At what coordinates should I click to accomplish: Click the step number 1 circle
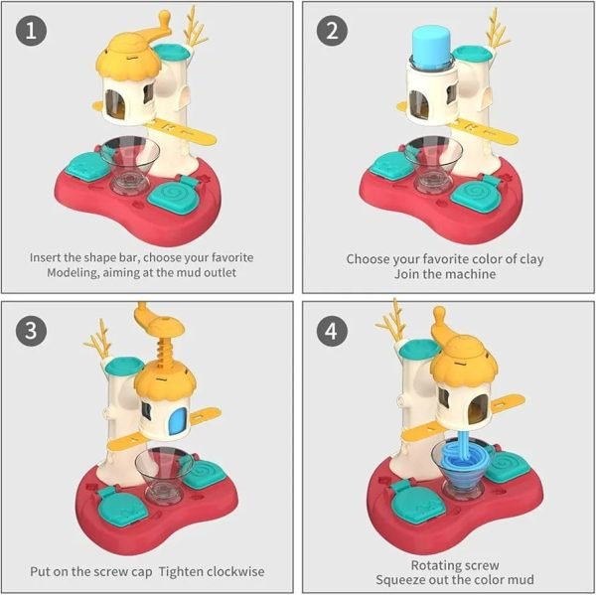point(31,31)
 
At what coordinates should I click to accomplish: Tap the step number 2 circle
point(332,31)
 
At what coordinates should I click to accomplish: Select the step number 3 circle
point(31,330)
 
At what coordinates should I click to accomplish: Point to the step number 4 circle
point(332,330)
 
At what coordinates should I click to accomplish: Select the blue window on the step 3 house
point(179,421)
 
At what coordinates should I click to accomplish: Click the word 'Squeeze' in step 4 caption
point(399,580)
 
